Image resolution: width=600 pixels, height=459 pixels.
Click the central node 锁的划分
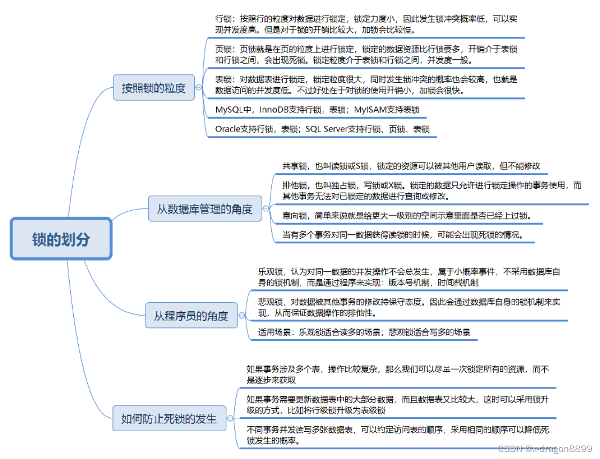(x=61, y=239)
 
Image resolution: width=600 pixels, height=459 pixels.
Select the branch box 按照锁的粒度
(x=154, y=88)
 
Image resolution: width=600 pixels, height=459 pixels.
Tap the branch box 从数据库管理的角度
(x=204, y=209)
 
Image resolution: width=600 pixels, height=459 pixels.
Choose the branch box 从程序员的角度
(x=191, y=316)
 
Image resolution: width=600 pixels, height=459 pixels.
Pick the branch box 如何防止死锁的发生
(x=169, y=418)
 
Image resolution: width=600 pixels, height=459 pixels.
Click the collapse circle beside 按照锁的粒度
(x=199, y=88)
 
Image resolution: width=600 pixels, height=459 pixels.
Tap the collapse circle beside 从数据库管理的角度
(x=266, y=209)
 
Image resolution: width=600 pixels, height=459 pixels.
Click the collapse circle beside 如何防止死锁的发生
(x=230, y=418)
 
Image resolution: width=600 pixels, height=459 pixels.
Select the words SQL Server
(x=325, y=129)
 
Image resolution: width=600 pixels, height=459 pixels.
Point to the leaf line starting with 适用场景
(x=364, y=332)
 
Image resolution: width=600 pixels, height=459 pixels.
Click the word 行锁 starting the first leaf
(x=223, y=19)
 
